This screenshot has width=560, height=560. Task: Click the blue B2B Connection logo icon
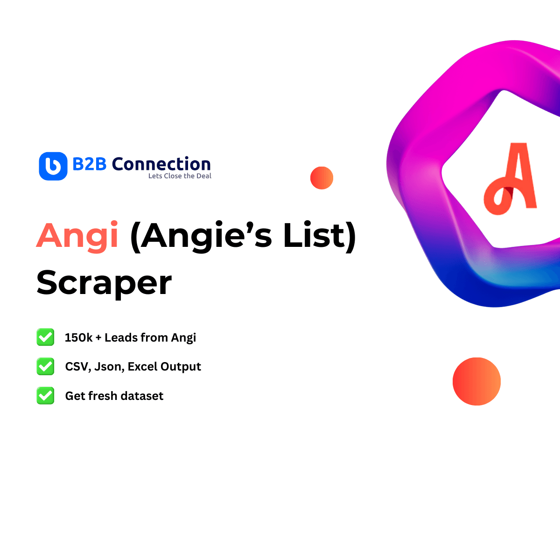click(53, 166)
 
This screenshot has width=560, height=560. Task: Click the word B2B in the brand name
click(90, 164)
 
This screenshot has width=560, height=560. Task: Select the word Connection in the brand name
click(161, 164)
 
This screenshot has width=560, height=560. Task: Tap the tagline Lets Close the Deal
click(180, 176)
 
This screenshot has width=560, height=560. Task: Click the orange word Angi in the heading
click(77, 236)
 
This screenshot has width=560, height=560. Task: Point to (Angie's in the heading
click(201, 236)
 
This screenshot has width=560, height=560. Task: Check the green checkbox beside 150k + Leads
click(45, 337)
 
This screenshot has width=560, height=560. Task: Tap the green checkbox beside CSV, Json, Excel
click(45, 366)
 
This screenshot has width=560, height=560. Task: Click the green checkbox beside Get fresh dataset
click(45, 396)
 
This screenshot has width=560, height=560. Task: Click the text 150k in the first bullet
click(78, 337)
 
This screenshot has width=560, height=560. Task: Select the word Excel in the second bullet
click(142, 367)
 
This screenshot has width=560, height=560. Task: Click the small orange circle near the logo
click(322, 178)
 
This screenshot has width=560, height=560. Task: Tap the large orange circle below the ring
click(476, 381)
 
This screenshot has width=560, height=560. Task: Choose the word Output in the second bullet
click(181, 367)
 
